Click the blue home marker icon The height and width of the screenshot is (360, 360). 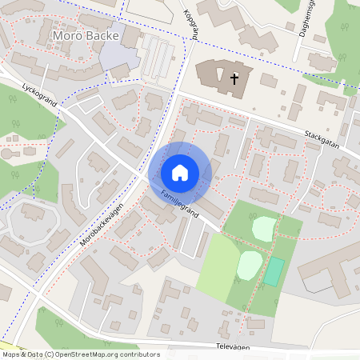tap(180, 172)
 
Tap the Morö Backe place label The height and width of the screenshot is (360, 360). tap(84, 36)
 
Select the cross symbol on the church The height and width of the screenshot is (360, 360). tap(234, 78)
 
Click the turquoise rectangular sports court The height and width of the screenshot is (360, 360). tap(274, 273)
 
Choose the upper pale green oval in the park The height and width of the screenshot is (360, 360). tap(264, 229)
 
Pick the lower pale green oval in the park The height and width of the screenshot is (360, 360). tap(249, 264)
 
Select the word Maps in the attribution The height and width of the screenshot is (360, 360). tap(11, 354)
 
